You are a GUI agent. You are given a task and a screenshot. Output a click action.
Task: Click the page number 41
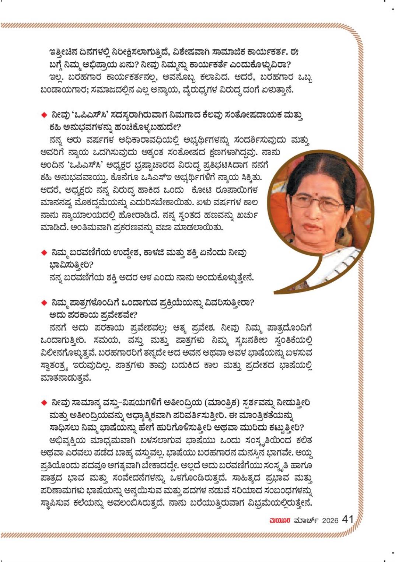tap(348, 519)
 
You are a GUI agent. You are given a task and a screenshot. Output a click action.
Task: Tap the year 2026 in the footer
tap(330, 520)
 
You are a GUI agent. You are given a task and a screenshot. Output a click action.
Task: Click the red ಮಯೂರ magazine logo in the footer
tap(280, 520)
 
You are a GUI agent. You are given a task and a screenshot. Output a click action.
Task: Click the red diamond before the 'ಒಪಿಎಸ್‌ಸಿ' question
tap(44, 115)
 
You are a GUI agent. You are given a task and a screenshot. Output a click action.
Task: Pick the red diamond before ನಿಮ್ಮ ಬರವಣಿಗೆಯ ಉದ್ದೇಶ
tap(44, 253)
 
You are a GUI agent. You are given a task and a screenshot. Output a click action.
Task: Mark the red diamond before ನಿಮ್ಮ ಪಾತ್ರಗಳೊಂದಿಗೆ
tap(44, 303)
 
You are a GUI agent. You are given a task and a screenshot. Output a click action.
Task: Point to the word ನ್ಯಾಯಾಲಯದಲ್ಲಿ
tap(90, 215)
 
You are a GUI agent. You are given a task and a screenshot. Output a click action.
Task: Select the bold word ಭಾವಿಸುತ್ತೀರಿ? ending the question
tap(71, 265)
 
